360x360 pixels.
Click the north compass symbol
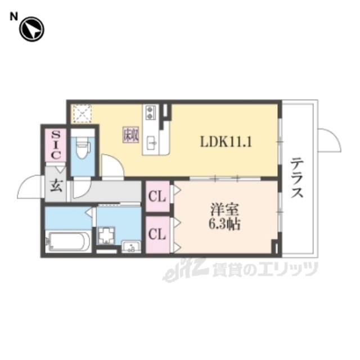[x=31, y=29]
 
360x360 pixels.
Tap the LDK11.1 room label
[x=226, y=142]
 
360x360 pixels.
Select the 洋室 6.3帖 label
[x=224, y=216]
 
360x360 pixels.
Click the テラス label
[x=298, y=178]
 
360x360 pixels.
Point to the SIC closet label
[x=56, y=145]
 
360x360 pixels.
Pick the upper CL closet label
[x=157, y=196]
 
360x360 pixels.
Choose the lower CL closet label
[x=157, y=234]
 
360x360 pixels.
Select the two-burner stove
[x=150, y=112]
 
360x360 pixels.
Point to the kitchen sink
[x=152, y=143]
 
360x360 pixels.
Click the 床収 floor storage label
[x=130, y=135]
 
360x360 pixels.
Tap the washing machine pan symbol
[x=106, y=235]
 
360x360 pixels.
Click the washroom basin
[x=131, y=247]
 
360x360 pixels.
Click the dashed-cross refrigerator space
[x=82, y=114]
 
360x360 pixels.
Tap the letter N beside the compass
[x=13, y=17]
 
